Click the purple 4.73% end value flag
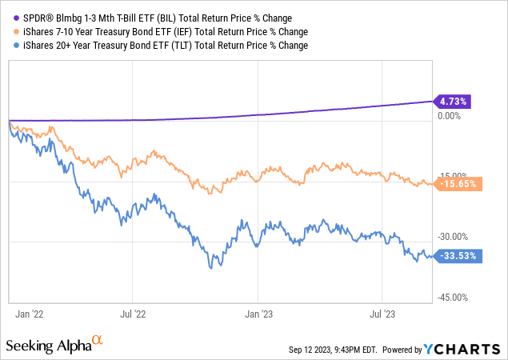453,102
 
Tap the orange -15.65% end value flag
455,183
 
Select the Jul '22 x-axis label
134,314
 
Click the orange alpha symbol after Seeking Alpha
98,341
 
